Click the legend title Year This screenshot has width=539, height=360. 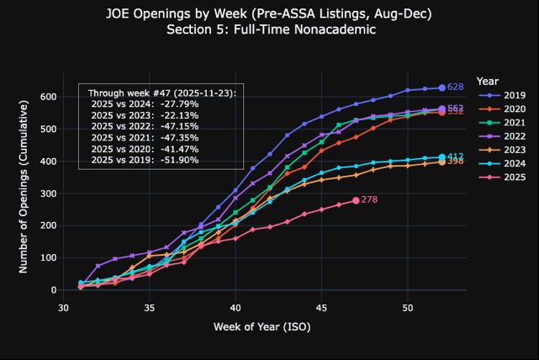[x=487, y=82]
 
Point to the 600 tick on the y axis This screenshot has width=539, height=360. [x=46, y=97]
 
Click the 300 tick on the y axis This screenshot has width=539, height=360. [x=46, y=193]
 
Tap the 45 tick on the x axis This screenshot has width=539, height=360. [x=321, y=307]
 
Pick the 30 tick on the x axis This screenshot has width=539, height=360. [x=63, y=307]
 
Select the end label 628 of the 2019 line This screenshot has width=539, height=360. [x=455, y=87]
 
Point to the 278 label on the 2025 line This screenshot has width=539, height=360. [x=369, y=200]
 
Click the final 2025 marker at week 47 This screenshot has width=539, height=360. [x=356, y=200]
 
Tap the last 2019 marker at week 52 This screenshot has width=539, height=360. [x=441, y=87]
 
